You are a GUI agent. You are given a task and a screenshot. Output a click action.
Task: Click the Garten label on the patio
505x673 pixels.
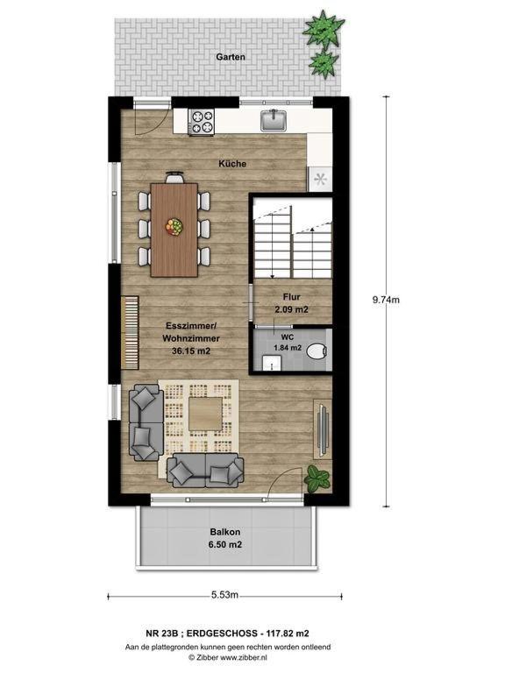pyautogui.click(x=231, y=57)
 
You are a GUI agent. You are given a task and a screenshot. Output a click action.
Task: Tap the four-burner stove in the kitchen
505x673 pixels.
pyautogui.click(x=202, y=122)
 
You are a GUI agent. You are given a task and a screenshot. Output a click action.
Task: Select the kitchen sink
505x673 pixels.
pyautogui.click(x=274, y=120)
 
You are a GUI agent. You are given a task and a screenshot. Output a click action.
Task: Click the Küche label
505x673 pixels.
pyautogui.click(x=232, y=164)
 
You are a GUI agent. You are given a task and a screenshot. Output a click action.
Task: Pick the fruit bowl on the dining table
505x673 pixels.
pyautogui.click(x=174, y=226)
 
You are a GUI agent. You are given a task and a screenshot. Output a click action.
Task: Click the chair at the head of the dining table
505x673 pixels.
pyautogui.click(x=174, y=177)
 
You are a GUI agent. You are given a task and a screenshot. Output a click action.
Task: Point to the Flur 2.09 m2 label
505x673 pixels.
pyautogui.click(x=292, y=302)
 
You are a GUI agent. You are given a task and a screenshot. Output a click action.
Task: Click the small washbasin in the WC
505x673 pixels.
pyautogui.click(x=271, y=363)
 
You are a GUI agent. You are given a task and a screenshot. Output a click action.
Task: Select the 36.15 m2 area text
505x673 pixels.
pyautogui.click(x=191, y=351)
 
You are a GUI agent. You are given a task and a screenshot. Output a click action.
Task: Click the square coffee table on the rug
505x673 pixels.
pyautogui.click(x=206, y=414)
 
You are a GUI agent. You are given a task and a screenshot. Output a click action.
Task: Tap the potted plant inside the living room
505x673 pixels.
pyautogui.click(x=317, y=479)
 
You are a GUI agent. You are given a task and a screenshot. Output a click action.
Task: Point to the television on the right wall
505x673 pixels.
pyautogui.click(x=322, y=429)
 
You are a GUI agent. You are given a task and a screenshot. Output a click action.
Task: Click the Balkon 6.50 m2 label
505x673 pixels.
pyautogui.click(x=226, y=538)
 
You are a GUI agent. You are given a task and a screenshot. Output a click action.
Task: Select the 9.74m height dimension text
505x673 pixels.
pyautogui.click(x=386, y=300)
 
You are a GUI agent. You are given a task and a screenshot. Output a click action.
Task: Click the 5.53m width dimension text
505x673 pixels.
pyautogui.click(x=224, y=595)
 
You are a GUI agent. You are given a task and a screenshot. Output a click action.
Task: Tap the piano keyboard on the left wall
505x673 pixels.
pyautogui.click(x=130, y=332)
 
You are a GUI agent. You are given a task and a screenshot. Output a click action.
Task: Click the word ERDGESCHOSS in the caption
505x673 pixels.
pyautogui.click(x=224, y=633)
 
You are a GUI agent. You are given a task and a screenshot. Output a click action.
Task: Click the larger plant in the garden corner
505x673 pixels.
pyautogui.click(x=323, y=29)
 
